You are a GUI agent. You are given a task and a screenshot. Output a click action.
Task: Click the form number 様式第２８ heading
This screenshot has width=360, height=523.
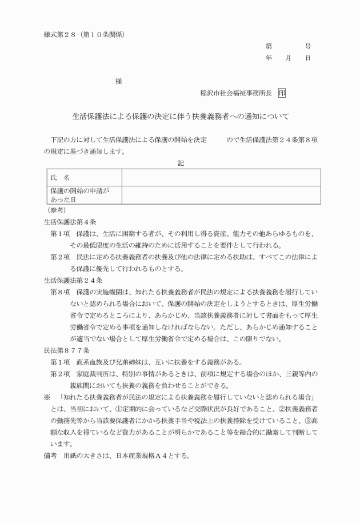84,34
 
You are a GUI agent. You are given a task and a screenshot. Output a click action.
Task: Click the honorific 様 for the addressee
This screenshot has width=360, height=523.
118,81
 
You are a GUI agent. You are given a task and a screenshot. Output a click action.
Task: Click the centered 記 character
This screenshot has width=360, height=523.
181,163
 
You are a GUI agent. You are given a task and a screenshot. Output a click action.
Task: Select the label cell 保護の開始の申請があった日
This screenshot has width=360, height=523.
79,195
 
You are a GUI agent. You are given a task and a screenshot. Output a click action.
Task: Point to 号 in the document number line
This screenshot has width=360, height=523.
307,46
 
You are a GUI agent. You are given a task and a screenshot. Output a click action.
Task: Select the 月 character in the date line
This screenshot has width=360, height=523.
289,58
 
